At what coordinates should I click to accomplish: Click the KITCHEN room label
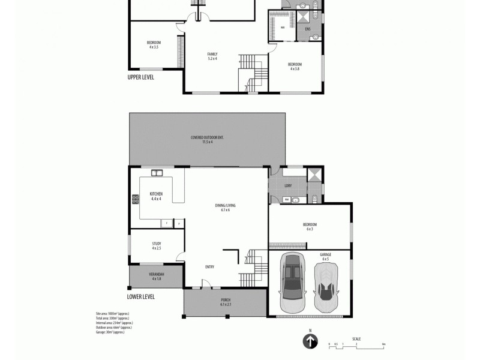click(x=156, y=196)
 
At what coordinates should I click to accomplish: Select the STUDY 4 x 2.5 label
click(x=156, y=246)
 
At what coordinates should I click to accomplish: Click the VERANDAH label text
click(x=156, y=277)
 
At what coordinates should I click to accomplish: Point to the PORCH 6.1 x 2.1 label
click(x=226, y=302)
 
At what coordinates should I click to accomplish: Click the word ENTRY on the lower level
click(x=209, y=268)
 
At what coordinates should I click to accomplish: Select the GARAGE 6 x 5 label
click(x=326, y=257)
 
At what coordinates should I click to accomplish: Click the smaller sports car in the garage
click(x=326, y=287)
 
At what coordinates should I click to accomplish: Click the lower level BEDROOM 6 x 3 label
click(x=310, y=227)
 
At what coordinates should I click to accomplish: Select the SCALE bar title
click(x=356, y=339)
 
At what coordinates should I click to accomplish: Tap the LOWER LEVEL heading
click(x=141, y=296)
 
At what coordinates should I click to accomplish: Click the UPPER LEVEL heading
click(x=142, y=78)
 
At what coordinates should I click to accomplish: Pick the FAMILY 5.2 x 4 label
click(x=212, y=56)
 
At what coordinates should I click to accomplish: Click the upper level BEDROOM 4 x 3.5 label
click(x=154, y=44)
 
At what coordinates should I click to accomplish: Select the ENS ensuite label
click(x=308, y=29)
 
